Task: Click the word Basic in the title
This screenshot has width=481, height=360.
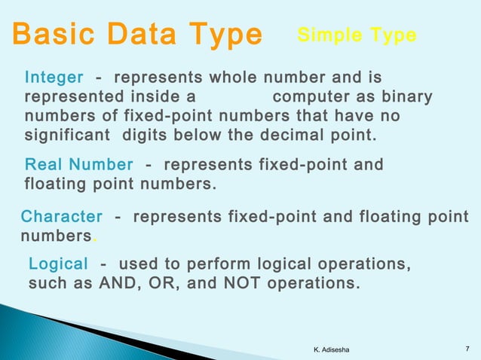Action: pyautogui.click(x=52, y=35)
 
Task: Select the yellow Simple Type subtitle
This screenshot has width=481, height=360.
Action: pyautogui.click(x=357, y=35)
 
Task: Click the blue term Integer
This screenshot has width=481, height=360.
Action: pyautogui.click(x=54, y=78)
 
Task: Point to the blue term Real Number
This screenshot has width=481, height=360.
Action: pyautogui.click(x=79, y=165)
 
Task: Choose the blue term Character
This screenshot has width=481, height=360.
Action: pyautogui.click(x=62, y=217)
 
